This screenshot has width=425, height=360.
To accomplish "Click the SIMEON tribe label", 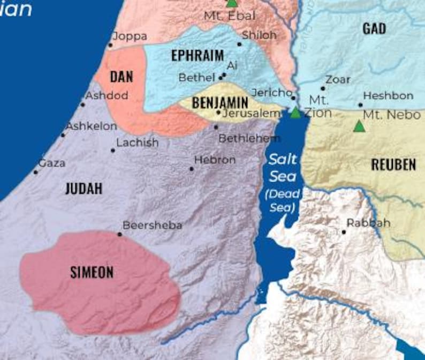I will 92,272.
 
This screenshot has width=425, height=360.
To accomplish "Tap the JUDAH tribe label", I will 84,189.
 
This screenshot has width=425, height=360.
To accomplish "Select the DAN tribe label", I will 121,77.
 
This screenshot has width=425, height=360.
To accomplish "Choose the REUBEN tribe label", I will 393,165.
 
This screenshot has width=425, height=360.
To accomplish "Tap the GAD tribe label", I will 374,29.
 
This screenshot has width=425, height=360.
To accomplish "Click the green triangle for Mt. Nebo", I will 359,126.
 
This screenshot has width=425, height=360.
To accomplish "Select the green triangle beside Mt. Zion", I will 295,112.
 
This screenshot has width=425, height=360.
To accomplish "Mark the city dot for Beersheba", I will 120,234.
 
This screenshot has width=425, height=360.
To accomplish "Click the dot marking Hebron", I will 192,169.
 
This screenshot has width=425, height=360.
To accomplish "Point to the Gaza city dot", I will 36,172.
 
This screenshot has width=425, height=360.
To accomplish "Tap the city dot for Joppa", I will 111,45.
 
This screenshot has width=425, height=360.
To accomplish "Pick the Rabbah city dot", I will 344,232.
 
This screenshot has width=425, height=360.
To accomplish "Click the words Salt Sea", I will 283,167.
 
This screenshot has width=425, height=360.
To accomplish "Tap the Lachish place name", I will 138,142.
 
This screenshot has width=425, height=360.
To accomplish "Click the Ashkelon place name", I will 91,126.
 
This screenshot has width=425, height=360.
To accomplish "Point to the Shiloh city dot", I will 239,44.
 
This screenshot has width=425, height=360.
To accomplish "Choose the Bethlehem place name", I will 242,138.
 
